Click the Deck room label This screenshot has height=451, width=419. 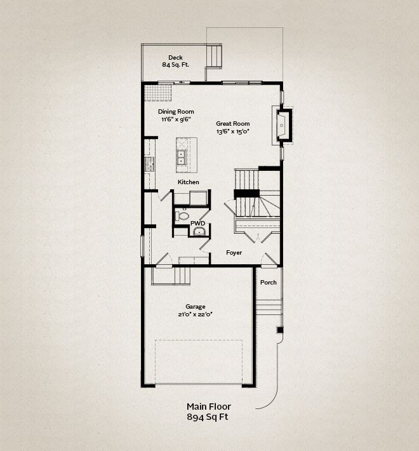175,58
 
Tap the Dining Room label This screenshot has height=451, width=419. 176,112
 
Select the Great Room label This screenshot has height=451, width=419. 233,124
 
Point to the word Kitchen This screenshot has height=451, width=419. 189,182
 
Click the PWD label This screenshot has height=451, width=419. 197,224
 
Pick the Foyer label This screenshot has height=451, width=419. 234,253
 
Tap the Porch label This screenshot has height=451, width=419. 269,283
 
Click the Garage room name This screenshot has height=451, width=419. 196,307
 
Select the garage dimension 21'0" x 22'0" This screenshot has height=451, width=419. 195,314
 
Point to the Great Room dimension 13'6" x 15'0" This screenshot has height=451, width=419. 232,131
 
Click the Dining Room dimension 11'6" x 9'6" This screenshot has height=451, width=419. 176,119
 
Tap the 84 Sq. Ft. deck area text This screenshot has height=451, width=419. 175,65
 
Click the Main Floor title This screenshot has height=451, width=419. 209,407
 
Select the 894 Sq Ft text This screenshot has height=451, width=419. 208,417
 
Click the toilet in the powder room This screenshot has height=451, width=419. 182,215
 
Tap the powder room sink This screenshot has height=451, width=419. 199,231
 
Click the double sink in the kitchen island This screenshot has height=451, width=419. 182,158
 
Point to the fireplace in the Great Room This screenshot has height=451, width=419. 283,125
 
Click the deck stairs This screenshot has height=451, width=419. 215,56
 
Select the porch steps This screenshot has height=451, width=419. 269,307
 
